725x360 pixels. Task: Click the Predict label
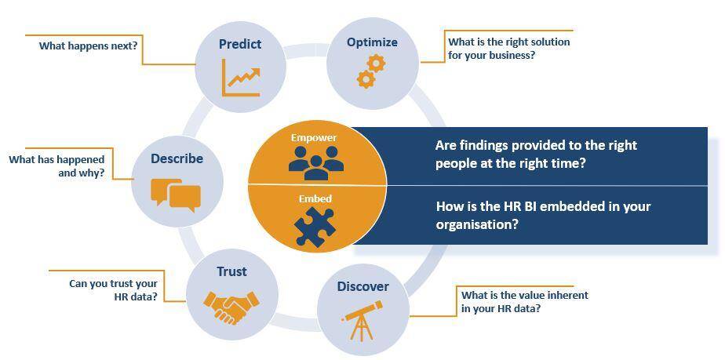coord(240,44)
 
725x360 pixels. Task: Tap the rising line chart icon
coord(241,77)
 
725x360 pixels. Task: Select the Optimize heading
coord(372,42)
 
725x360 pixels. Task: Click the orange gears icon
coord(371,71)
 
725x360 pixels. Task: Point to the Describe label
coord(177,158)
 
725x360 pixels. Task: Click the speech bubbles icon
coord(176,195)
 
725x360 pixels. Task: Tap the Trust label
coord(231,271)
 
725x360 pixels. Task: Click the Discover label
coord(363,286)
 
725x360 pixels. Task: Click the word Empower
coord(314,138)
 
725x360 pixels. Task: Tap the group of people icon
coord(316,162)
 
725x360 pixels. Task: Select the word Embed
coord(315,198)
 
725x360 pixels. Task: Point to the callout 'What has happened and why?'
coord(56,167)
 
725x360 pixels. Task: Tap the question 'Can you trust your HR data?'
coord(113,290)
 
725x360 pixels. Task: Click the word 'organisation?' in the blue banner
coord(477,224)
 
